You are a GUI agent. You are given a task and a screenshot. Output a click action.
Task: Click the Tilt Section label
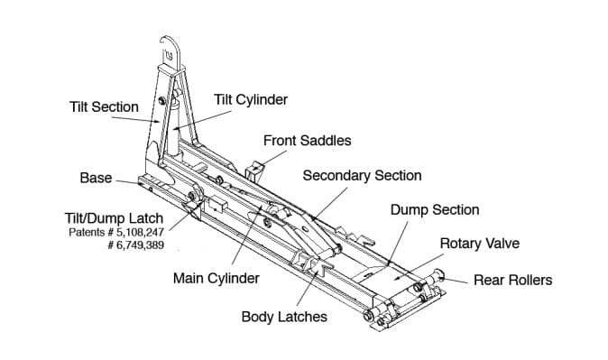tap(104, 107)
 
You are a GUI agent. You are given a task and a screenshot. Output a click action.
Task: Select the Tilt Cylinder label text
tap(251, 99)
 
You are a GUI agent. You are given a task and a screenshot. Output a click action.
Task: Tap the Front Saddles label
tap(307, 141)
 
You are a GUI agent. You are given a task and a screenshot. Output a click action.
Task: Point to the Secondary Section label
tap(362, 175)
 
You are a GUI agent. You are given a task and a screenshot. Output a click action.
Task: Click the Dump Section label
tap(435, 210)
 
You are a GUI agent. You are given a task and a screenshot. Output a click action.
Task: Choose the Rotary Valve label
tap(480, 244)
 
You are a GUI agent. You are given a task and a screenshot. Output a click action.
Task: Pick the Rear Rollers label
tap(513, 280)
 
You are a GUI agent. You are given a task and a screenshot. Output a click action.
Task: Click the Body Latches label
tap(284, 317)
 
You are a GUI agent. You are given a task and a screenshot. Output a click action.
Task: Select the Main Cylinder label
tap(216, 278)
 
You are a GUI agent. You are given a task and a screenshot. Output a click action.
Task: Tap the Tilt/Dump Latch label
tap(114, 218)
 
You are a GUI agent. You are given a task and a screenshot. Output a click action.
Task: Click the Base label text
tap(96, 178)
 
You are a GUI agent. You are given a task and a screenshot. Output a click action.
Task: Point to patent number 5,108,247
tap(141, 233)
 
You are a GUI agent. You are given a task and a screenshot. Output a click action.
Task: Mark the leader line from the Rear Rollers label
tap(454, 280)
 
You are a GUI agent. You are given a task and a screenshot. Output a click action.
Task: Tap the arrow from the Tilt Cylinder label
tap(202, 120)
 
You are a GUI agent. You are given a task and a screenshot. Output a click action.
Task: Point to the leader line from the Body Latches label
tap(308, 288)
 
